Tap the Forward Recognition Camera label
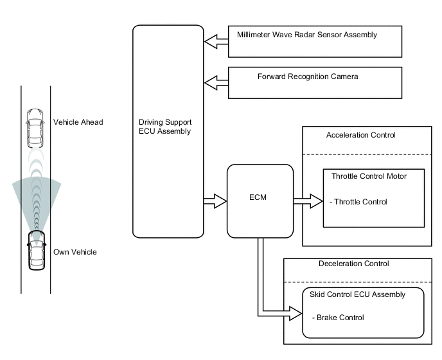[308, 76]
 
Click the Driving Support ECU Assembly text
[165, 126]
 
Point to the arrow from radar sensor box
[216, 42]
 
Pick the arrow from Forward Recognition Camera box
[216, 82]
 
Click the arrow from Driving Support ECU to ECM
[215, 201]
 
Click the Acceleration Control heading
[360, 135]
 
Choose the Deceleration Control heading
[354, 264]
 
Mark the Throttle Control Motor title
[369, 175]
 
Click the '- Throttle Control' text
[358, 202]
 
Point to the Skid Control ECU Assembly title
[362, 294]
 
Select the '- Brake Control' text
[337, 318]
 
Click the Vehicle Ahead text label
[78, 122]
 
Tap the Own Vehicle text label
[75, 252]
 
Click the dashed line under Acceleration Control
[366, 154]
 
